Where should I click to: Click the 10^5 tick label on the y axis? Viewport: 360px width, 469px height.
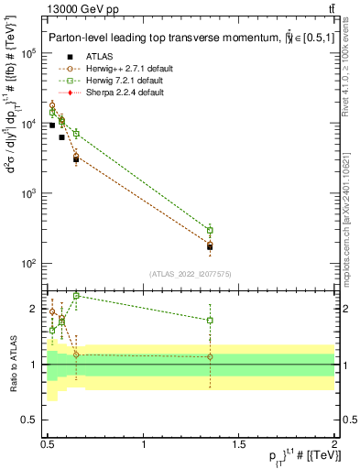coord(32,53)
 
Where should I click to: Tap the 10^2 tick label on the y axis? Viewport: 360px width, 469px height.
coord(32,264)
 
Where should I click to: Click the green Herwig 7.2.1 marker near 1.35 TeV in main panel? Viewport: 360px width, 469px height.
coord(210,230)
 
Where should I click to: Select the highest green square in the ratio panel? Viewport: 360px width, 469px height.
coord(76,296)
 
